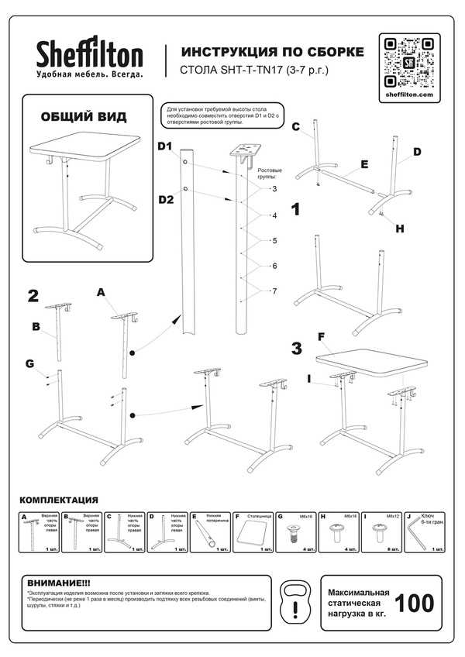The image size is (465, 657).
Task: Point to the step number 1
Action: [x=296, y=208]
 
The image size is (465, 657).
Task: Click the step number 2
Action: [x=33, y=295]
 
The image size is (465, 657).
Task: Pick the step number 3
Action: [x=296, y=348]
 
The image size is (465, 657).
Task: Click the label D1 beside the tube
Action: [x=165, y=146]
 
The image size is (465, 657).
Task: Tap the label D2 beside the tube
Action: [x=165, y=200]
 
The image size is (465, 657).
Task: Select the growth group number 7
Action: [x=275, y=291]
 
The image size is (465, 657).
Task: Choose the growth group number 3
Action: [x=274, y=188]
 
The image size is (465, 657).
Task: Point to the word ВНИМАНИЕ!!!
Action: [x=59, y=583]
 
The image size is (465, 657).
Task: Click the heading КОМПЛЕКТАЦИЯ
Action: [x=58, y=500]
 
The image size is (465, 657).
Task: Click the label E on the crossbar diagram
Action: [x=363, y=166]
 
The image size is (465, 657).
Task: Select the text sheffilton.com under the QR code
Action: [x=408, y=95]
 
